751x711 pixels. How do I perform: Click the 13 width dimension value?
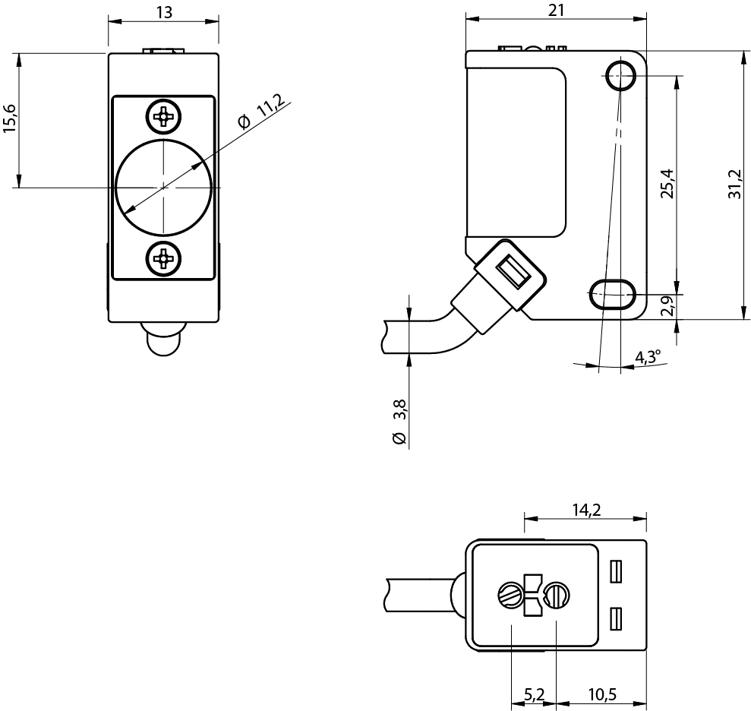click(164, 12)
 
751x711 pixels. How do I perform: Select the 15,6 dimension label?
click(11, 118)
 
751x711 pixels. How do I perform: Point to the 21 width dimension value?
click(556, 10)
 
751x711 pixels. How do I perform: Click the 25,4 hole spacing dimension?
click(667, 184)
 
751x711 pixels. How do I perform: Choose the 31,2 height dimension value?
click(734, 184)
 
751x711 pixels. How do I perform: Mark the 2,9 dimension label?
click(667, 305)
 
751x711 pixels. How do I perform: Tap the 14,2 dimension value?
click(586, 510)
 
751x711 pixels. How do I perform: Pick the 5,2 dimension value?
click(534, 694)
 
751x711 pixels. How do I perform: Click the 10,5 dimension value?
click(602, 694)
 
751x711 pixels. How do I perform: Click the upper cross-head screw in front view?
click(164, 116)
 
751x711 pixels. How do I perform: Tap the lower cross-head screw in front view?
click(164, 259)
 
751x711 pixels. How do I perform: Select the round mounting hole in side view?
click(620, 76)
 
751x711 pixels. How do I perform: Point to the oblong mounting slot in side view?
click(613, 294)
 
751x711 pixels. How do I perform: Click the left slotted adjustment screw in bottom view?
click(512, 595)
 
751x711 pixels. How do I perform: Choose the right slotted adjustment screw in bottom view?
click(557, 595)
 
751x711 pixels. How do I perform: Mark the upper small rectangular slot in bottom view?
click(616, 571)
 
